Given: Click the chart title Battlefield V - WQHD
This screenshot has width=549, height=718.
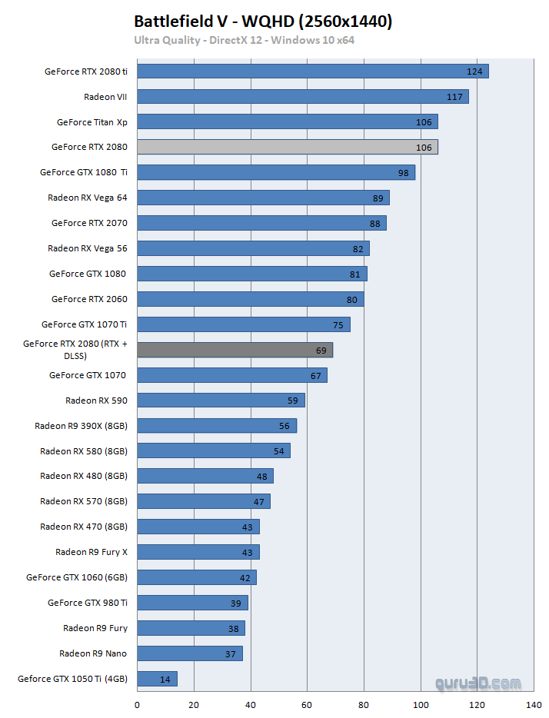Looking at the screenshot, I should point(263,22).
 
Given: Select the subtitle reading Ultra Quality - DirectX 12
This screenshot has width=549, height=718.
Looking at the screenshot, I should point(245,40).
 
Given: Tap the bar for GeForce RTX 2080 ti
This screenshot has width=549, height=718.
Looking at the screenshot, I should point(313,71).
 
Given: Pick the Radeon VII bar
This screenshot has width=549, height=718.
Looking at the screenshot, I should point(303,97).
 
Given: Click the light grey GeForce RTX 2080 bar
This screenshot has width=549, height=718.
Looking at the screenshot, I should point(288,147).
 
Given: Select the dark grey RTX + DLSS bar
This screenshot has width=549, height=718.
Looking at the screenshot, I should point(235,350).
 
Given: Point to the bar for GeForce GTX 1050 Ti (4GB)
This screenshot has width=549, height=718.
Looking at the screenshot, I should point(157,679).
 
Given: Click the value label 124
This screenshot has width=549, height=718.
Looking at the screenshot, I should point(474,71).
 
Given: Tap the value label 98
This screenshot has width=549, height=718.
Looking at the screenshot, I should point(403,173).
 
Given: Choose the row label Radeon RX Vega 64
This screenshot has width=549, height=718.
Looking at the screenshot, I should point(88,198).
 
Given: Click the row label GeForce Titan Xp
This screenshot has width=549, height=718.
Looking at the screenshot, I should point(92,121).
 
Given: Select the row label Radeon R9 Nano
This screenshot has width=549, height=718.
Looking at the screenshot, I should point(93,653).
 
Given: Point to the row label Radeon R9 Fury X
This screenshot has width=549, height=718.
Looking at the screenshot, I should point(91,552).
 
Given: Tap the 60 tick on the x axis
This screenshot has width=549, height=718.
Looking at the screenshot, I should point(307,704).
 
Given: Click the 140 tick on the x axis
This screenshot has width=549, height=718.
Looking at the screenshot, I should point(534,704).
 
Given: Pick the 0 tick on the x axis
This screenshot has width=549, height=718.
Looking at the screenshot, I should point(138,704).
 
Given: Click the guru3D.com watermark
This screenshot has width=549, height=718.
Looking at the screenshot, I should point(477,683).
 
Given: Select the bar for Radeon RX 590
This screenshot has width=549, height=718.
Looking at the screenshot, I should point(221,401).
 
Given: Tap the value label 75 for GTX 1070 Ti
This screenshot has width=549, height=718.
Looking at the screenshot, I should point(338,324).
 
